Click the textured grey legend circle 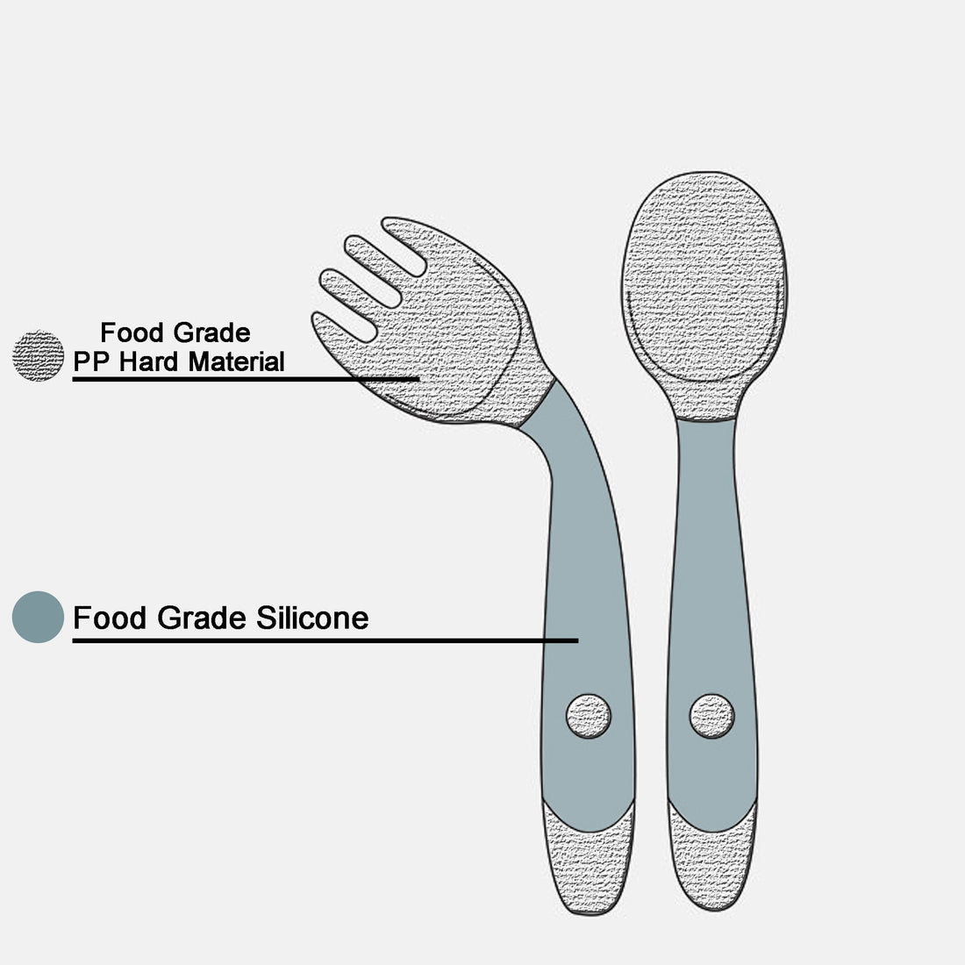coord(38,355)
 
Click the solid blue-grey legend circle coord(38,618)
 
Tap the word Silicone coord(312,618)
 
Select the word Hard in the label coord(148,361)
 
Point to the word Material coord(236,361)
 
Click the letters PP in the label coord(91,361)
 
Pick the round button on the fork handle coord(589,717)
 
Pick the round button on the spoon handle coord(712,717)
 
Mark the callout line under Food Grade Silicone coord(325,640)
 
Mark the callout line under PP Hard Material coord(247,379)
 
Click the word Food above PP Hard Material coord(133,333)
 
